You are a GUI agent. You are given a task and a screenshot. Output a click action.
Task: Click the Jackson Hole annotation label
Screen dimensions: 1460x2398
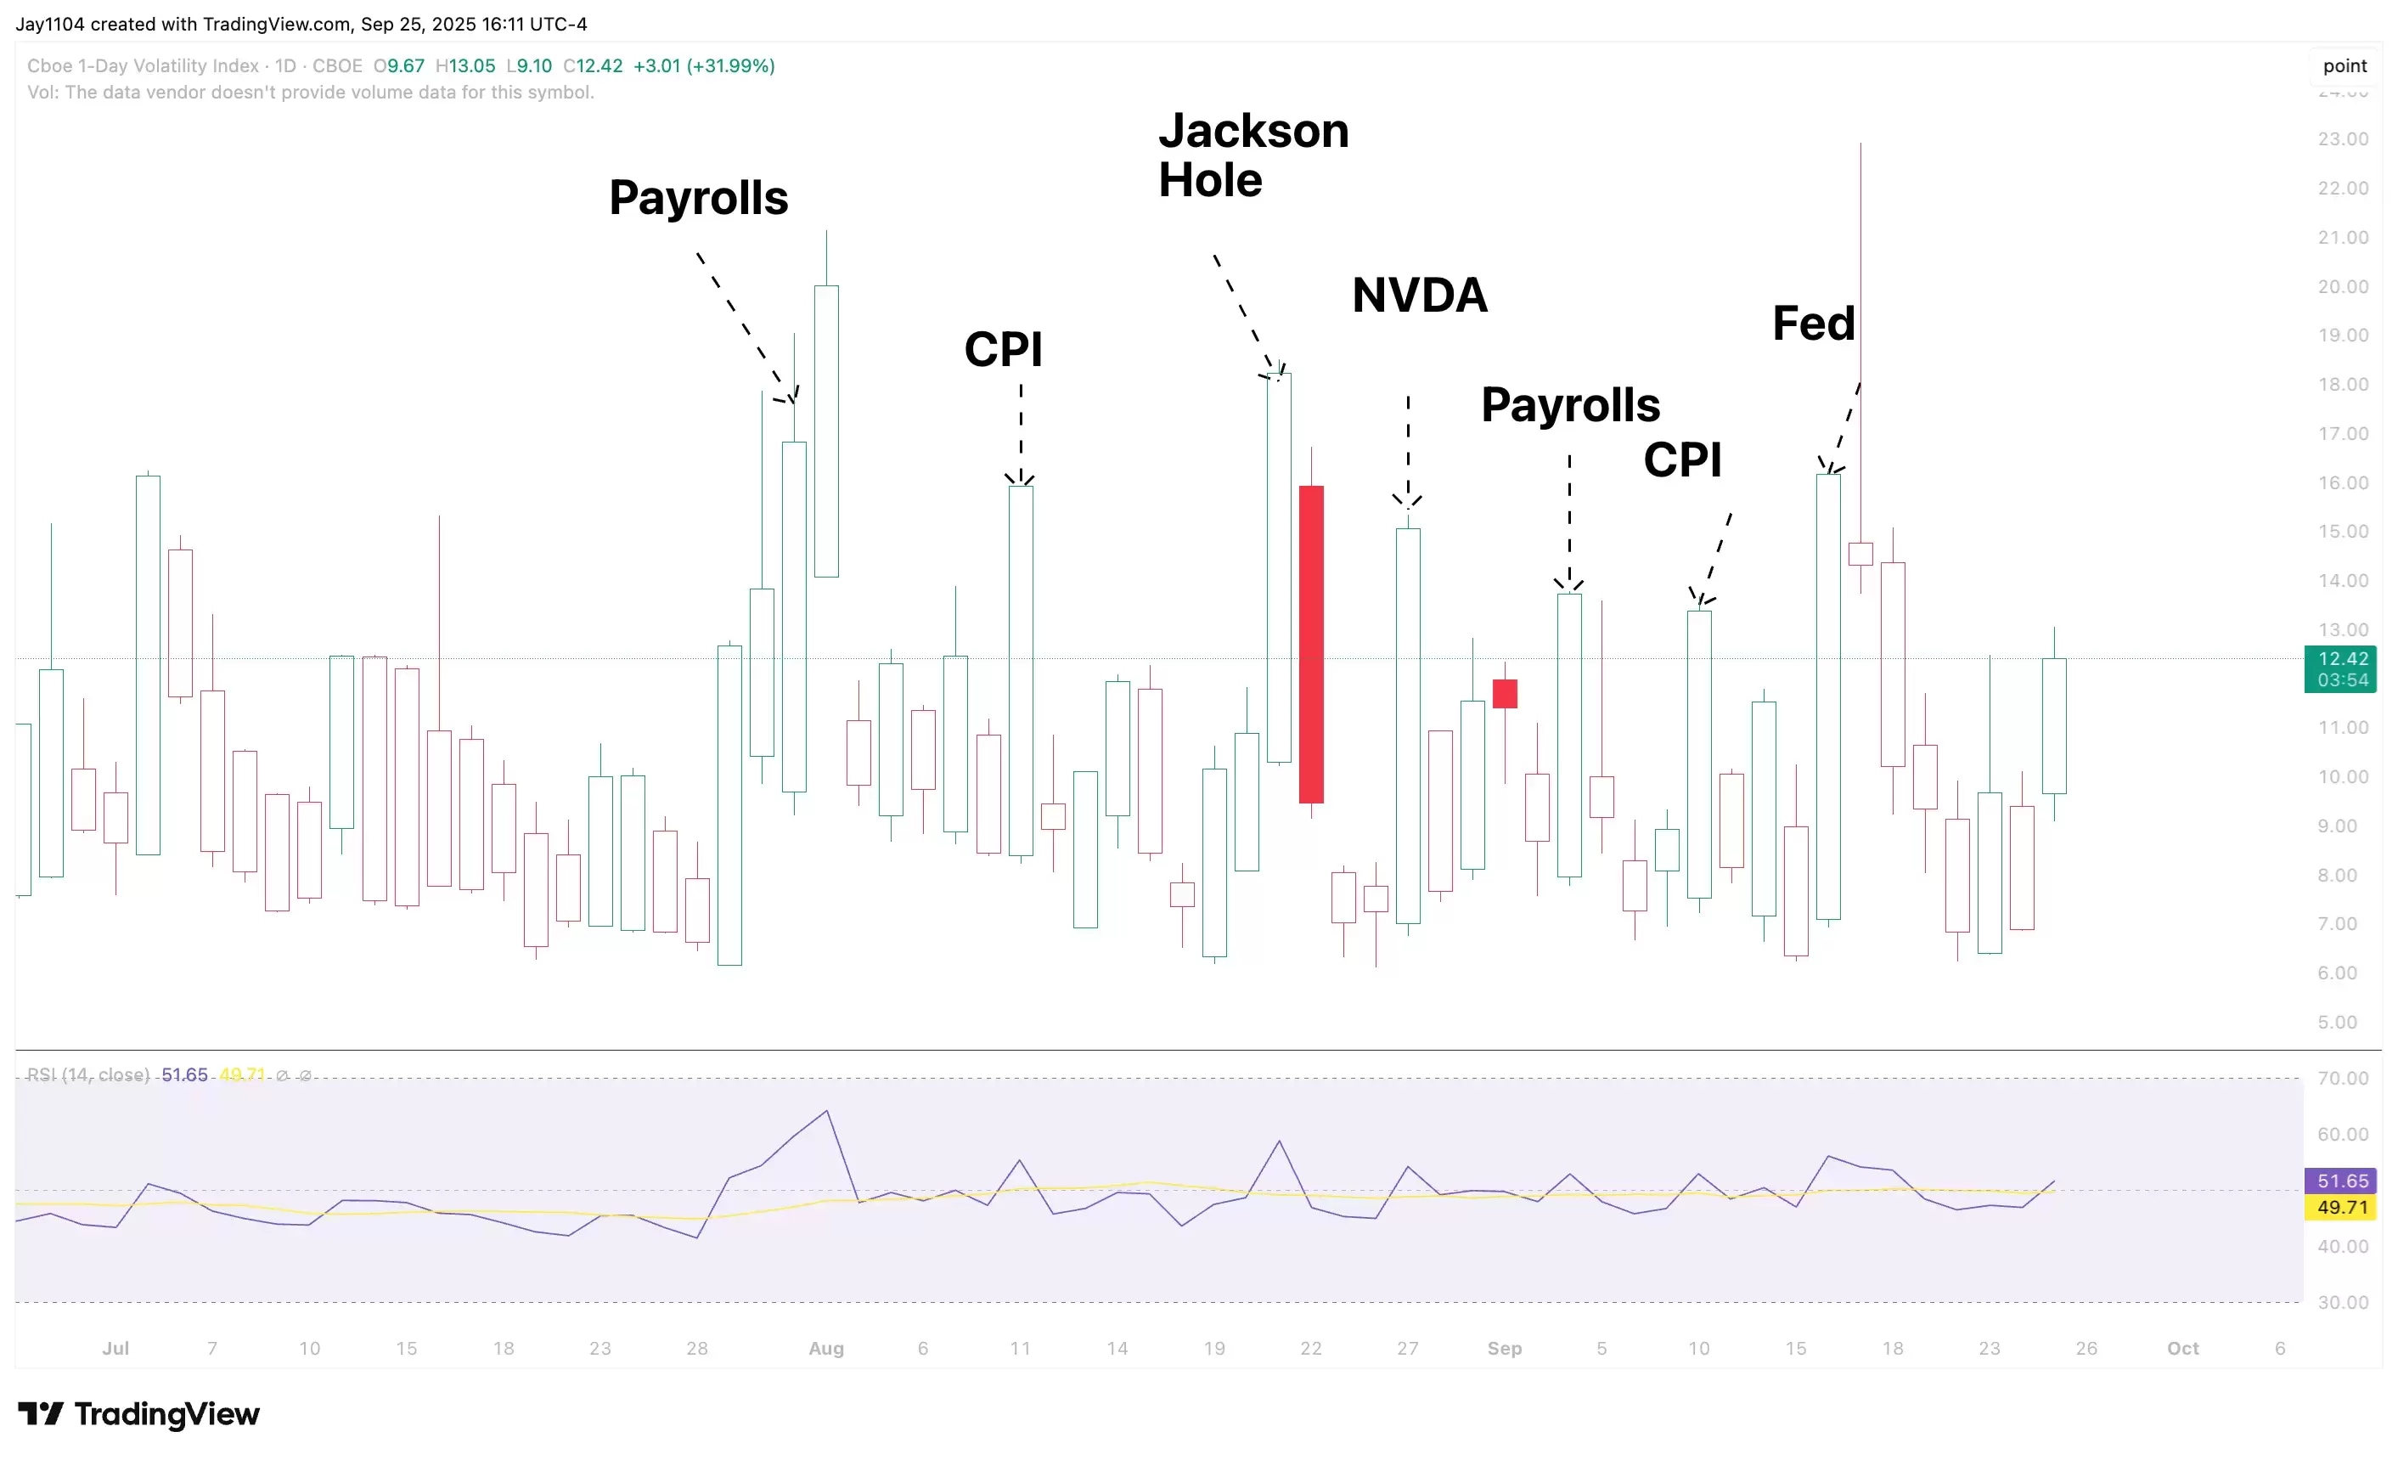[x=1252, y=155]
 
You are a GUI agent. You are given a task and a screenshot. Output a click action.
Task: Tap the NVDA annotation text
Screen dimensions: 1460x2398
[x=1419, y=296]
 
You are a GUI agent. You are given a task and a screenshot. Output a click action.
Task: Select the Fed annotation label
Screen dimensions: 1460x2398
[x=1812, y=324]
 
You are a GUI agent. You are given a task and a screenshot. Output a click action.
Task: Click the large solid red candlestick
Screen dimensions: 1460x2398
[x=1311, y=644]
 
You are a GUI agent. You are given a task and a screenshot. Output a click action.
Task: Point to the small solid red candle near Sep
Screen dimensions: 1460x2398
[x=1505, y=693]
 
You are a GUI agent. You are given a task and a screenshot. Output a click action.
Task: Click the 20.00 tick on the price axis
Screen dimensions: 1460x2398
[x=2343, y=286]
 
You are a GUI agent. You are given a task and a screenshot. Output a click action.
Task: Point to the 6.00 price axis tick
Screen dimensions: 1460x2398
[x=2337, y=973]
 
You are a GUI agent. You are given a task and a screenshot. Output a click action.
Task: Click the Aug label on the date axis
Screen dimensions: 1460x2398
[x=826, y=1348]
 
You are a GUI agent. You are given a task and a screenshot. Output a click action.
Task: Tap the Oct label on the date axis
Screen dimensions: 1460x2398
[x=2183, y=1348]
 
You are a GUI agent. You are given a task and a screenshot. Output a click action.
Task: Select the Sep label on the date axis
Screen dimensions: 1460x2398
[x=1505, y=1348]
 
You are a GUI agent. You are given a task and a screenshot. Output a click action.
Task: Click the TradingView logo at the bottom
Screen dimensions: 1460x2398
[x=139, y=1413]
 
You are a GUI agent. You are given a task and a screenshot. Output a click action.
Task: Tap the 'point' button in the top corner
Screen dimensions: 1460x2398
[x=2345, y=66]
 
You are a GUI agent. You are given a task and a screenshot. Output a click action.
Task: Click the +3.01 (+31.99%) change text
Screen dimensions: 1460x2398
[x=704, y=66]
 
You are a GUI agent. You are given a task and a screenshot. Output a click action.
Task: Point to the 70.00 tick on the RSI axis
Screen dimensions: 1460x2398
[x=2343, y=1078]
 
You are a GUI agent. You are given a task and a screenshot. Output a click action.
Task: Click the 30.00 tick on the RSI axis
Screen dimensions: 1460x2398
[x=2343, y=1302]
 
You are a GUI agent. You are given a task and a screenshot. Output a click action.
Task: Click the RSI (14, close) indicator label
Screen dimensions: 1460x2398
[x=87, y=1074]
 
